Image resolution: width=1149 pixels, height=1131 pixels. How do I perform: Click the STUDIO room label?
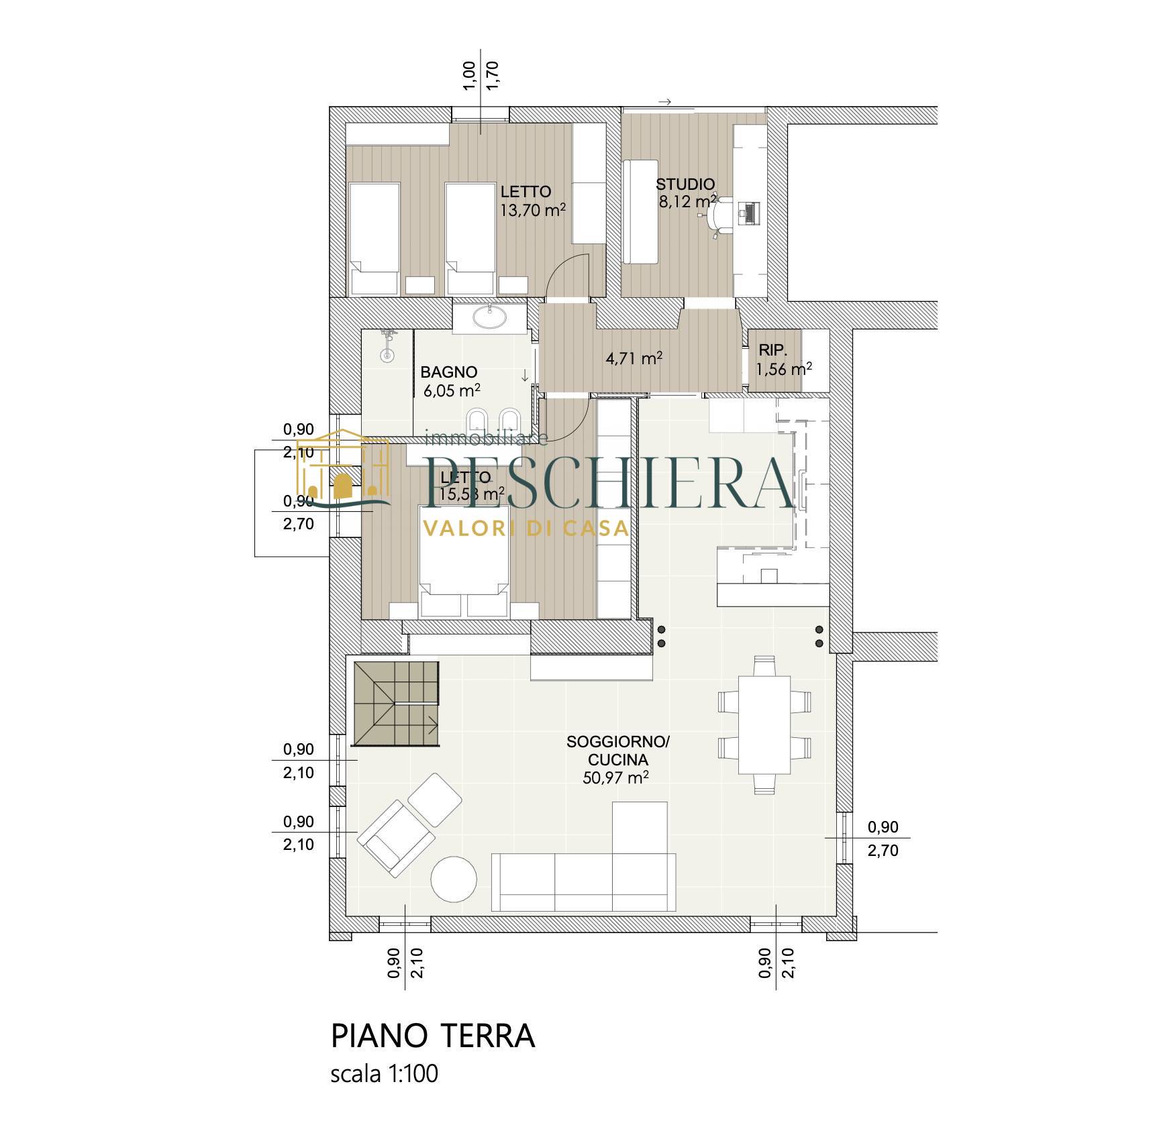[685, 184]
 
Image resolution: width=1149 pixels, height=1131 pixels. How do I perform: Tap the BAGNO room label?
[449, 372]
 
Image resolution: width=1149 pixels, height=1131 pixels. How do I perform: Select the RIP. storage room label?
[772, 349]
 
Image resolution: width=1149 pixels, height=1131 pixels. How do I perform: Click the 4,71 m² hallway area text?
[634, 359]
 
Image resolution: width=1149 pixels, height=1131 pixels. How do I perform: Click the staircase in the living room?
[397, 703]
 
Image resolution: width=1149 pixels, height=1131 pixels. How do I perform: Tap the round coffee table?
[454, 879]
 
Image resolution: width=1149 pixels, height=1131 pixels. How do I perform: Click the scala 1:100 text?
[385, 1092]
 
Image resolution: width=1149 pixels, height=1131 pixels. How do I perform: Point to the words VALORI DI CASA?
[525, 529]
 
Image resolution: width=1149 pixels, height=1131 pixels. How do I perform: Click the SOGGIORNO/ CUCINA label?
[618, 751]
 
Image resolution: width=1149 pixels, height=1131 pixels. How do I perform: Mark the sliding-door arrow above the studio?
[665, 102]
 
